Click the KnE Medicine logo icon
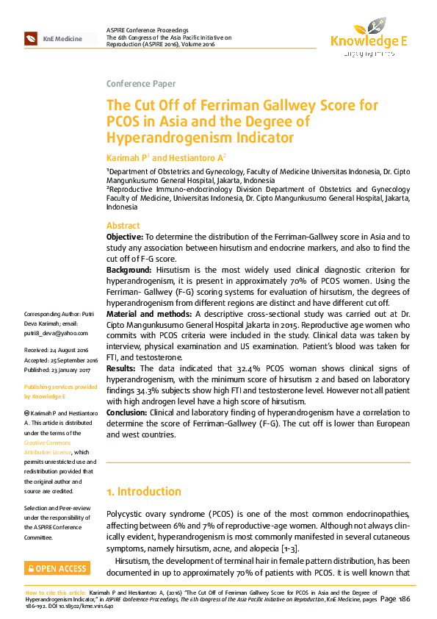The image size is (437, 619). (x=31, y=38)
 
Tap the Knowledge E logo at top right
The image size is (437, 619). (x=368, y=41)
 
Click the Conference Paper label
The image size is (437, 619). (x=141, y=83)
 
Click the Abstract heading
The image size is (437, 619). (x=123, y=226)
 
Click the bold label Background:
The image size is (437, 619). (x=129, y=271)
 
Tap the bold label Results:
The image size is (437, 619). (x=122, y=368)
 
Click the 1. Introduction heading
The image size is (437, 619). (x=144, y=491)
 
